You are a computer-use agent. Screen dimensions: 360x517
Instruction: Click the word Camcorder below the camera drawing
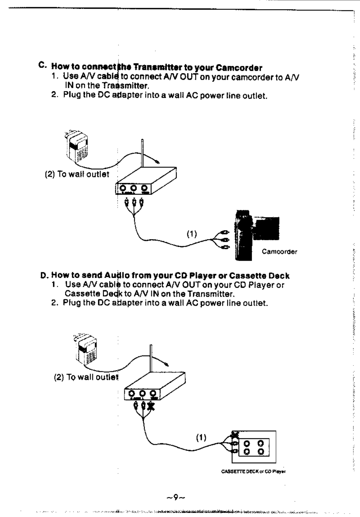click(x=279, y=251)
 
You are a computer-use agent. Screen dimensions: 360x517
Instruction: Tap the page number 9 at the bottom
click(x=175, y=497)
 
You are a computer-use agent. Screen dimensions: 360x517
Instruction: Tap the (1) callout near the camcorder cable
click(x=192, y=234)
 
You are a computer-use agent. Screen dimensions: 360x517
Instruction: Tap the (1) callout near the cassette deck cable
click(x=201, y=437)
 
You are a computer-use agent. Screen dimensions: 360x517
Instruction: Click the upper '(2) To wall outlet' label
click(x=77, y=174)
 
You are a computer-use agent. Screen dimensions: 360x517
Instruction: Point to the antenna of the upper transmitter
click(x=142, y=153)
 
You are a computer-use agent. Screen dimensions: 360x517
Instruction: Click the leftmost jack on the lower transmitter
click(x=132, y=393)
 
